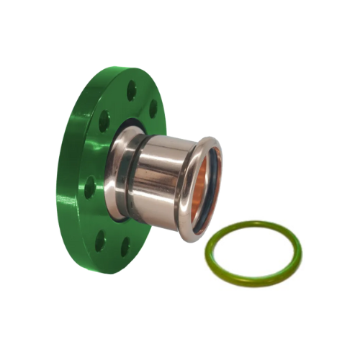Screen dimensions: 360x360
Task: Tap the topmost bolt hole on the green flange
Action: point(132,91)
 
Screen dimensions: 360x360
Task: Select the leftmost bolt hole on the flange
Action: point(91,189)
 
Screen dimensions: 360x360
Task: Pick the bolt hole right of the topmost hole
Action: point(153,108)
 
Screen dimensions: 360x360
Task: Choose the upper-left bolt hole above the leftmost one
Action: point(104,121)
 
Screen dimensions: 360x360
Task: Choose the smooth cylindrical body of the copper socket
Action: point(162,180)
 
